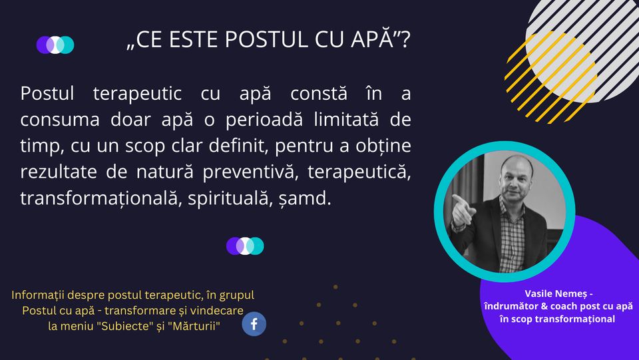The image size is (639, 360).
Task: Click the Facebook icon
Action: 254,324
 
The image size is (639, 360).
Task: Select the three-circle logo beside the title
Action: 55,45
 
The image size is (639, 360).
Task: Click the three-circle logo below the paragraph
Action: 245,246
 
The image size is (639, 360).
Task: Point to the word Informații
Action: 39,295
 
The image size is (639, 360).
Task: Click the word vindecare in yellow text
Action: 217,310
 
